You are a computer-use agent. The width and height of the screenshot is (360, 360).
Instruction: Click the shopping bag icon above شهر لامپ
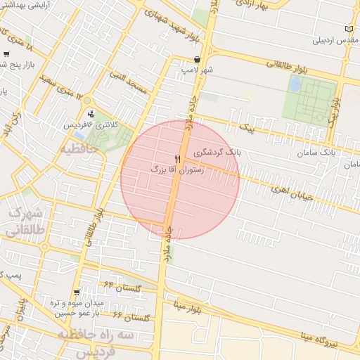click(x=197, y=60)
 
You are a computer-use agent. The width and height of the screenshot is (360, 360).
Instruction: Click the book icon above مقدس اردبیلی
click(x=349, y=29)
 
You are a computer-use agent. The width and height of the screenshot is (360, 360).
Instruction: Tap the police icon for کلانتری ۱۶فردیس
click(x=91, y=114)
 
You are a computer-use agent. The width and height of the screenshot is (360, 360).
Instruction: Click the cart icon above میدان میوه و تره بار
click(x=77, y=292)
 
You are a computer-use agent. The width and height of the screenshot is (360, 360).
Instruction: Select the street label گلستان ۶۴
click(x=124, y=287)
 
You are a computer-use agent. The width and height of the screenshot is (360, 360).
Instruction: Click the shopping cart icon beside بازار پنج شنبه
click(x=6, y=54)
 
